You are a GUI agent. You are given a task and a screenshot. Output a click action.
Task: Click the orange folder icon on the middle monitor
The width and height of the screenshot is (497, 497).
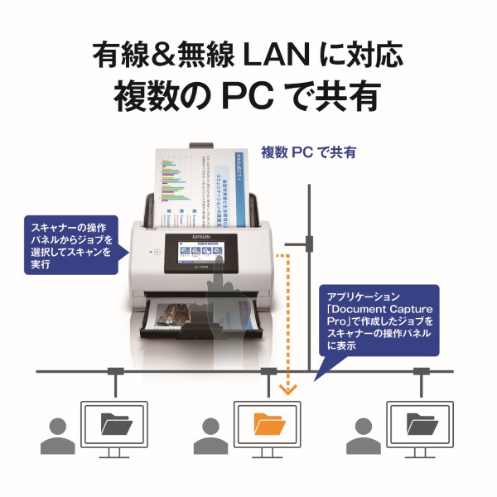pos(269,425)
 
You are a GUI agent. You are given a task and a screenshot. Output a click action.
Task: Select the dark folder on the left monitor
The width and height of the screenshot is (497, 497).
pos(114,425)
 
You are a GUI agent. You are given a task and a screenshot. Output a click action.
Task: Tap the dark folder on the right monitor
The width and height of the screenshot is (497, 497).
pos(422,425)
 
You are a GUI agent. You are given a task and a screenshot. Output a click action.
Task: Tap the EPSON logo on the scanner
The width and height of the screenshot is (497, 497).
pos(203,234)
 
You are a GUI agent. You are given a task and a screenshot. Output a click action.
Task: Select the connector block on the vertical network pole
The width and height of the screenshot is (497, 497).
pos(308,243)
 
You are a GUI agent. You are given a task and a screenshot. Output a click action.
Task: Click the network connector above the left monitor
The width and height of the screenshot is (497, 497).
pos(114,371)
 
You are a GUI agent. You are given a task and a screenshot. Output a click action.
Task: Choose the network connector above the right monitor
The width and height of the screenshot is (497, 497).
pos(422,371)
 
